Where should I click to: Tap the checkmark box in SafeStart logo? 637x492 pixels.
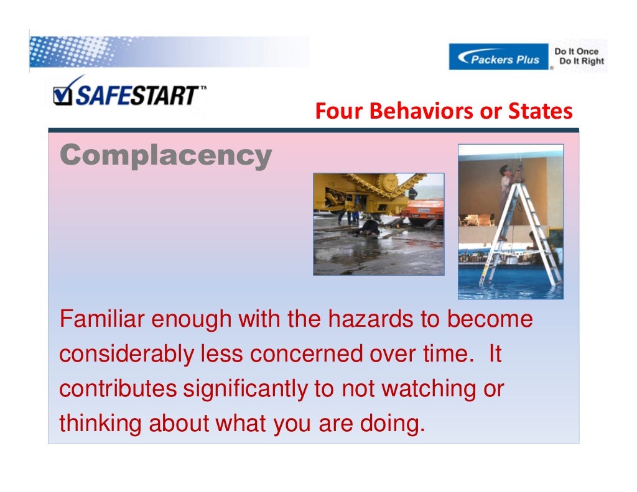(x=62, y=94)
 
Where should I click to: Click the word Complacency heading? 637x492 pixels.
(x=165, y=155)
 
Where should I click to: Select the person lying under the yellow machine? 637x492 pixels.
(x=369, y=228)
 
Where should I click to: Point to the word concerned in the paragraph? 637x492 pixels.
(x=306, y=355)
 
